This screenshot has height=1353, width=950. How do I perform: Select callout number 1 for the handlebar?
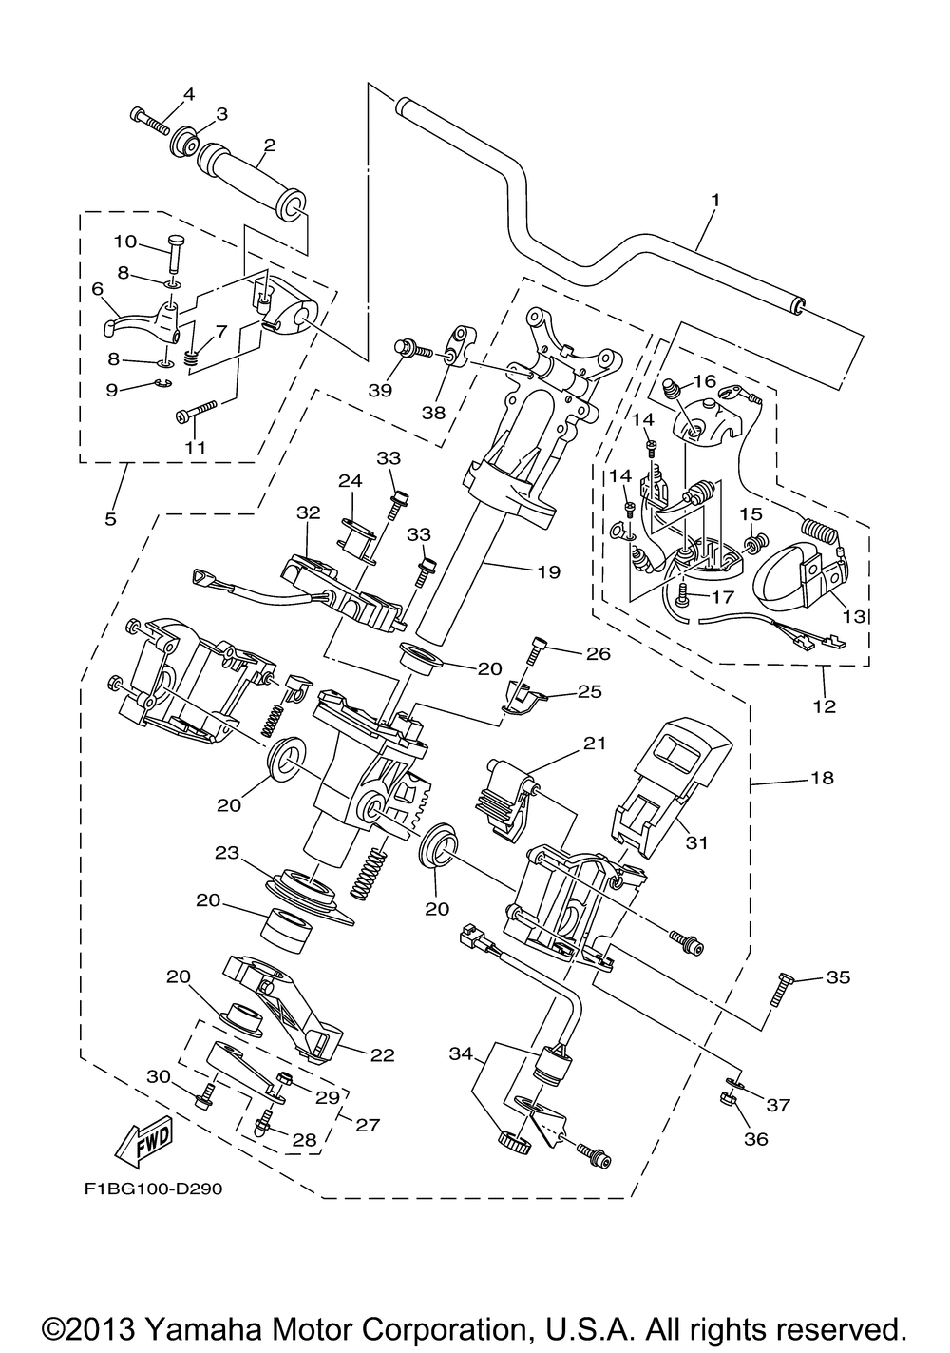coord(715,200)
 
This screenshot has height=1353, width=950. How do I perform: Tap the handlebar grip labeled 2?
coord(253,184)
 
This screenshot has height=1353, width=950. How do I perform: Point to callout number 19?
coord(548,571)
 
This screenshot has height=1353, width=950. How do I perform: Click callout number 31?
coord(696,842)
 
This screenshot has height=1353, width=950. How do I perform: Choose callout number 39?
coord(381,390)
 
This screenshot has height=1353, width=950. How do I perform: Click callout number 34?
coord(461,1054)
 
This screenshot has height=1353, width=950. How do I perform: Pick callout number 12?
coord(825,705)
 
